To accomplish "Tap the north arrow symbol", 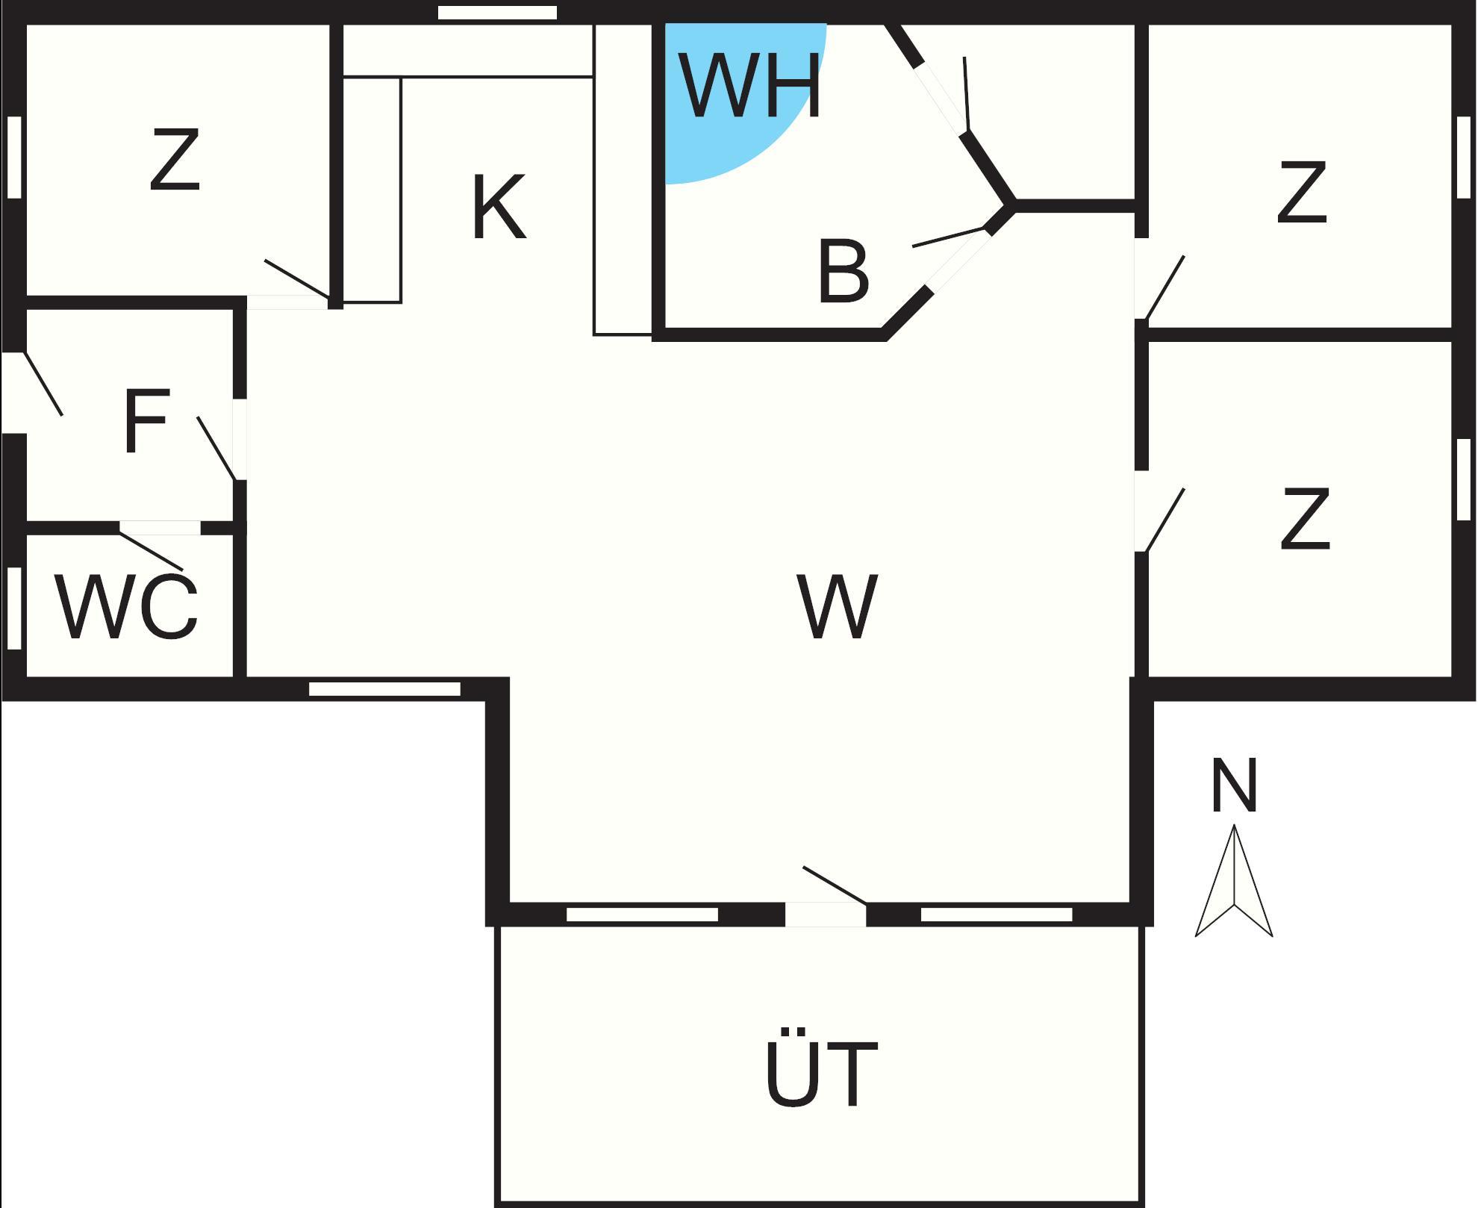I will coord(1234,885).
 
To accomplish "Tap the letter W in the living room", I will coord(837,606).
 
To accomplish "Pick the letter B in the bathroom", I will coord(844,272).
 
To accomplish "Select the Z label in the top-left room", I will coord(175,160).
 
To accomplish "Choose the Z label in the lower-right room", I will coord(1305,520).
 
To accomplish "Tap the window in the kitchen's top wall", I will coord(497,13).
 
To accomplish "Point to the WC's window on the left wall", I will coord(14,608).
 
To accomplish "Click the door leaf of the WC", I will coord(152,551).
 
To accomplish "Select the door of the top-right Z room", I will coord(1164,288).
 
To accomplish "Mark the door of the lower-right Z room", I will coord(1164,520).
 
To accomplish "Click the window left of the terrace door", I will coord(642,915).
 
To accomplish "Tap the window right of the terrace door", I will coord(997,915).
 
